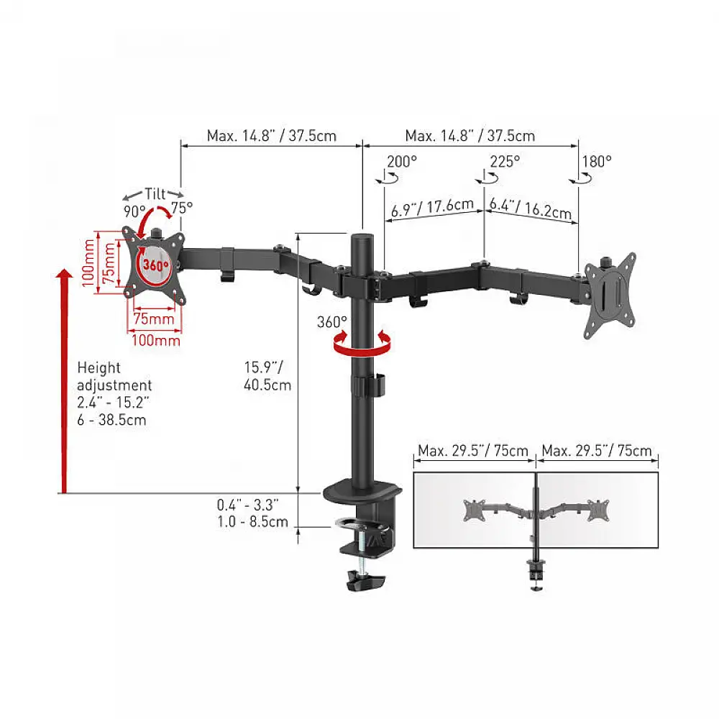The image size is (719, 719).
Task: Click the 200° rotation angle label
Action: pos(402,162)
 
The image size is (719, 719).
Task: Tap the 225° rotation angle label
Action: pos(505,161)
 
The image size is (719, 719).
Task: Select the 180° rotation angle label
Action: pos(597,161)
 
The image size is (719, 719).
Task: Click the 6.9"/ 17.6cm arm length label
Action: pos(432,209)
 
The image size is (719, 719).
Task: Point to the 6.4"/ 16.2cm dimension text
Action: pos(531,209)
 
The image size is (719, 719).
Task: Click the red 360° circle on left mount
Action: pos(155,264)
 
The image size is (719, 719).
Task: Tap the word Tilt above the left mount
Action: pos(155,193)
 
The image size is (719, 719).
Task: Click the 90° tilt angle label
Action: pos(134,212)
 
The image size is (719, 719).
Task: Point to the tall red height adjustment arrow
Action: pos(65,381)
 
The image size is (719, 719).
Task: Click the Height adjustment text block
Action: pos(114,393)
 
